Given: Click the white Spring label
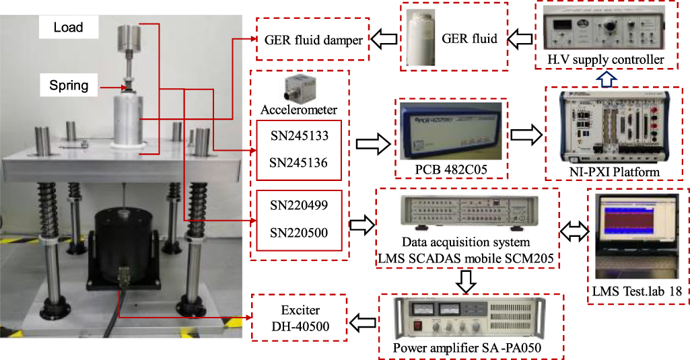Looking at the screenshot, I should click(69, 86).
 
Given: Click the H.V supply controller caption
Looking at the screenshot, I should click(605, 61).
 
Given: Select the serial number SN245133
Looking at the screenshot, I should click(298, 135).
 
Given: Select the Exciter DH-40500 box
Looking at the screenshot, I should click(298, 317).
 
